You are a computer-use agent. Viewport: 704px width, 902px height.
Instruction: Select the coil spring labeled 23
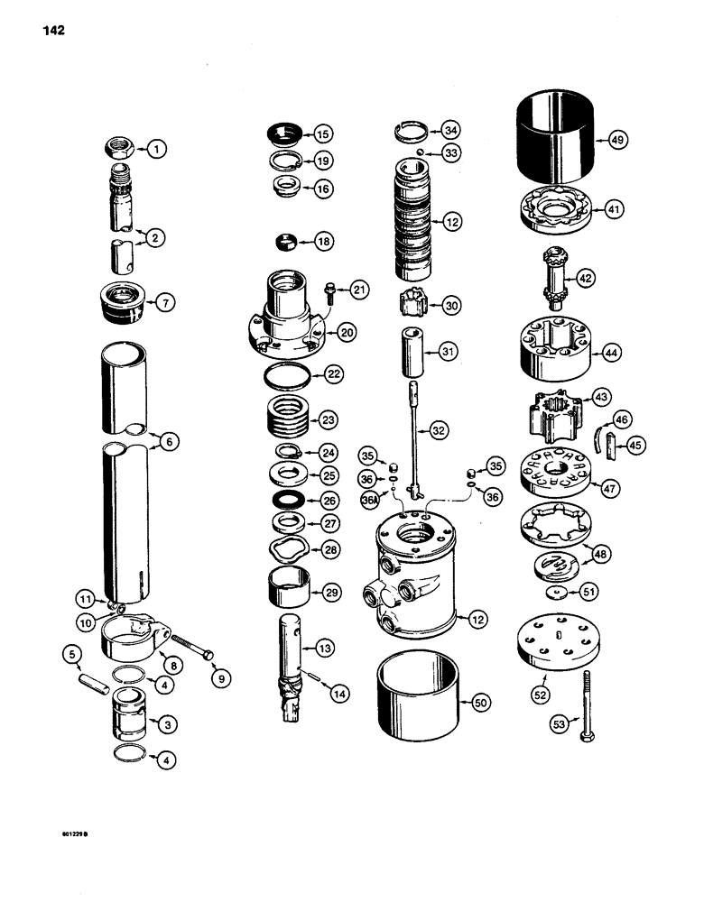(289, 419)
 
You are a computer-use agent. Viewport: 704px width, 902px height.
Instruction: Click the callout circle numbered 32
(439, 431)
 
